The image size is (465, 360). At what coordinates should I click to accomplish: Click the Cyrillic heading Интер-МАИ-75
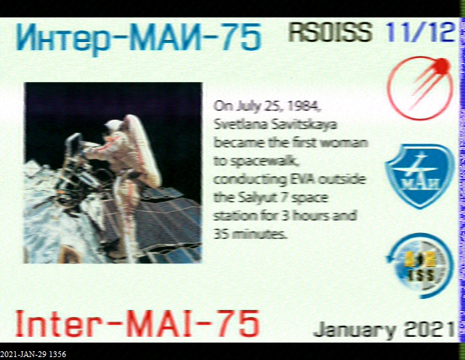point(139,38)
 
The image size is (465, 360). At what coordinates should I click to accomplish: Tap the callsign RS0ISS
point(331,32)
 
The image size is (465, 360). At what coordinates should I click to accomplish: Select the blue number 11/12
point(420,32)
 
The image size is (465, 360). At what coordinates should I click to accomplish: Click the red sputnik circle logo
point(420,88)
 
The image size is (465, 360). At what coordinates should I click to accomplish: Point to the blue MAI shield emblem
point(419,176)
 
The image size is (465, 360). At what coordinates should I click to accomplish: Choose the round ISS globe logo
point(420,266)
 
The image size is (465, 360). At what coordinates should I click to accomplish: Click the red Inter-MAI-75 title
point(137,323)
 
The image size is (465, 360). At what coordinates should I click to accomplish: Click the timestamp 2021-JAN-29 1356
point(33,354)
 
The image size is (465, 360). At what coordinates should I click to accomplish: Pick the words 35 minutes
point(250,234)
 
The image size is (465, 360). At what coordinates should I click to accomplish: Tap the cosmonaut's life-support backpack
point(145,150)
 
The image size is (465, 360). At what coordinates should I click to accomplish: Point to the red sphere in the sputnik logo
point(441,66)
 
